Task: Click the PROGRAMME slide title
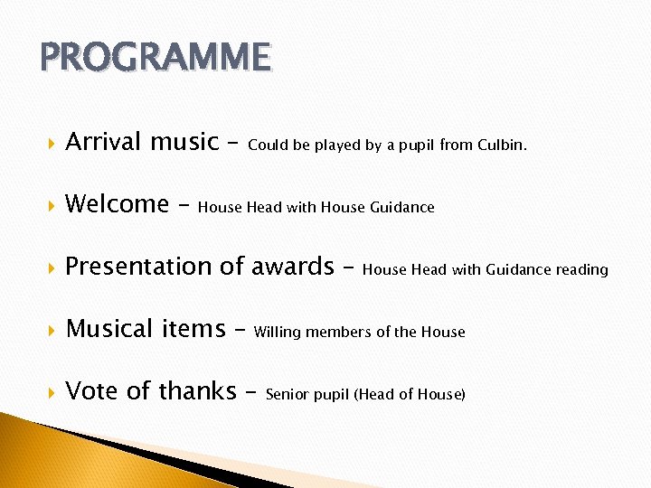click(155, 58)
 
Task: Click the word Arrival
click(103, 142)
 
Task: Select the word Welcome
click(117, 204)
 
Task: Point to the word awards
click(293, 267)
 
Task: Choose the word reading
click(581, 270)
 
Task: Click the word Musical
click(109, 329)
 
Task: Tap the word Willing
click(278, 333)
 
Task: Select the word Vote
click(92, 391)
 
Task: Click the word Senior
click(287, 395)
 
